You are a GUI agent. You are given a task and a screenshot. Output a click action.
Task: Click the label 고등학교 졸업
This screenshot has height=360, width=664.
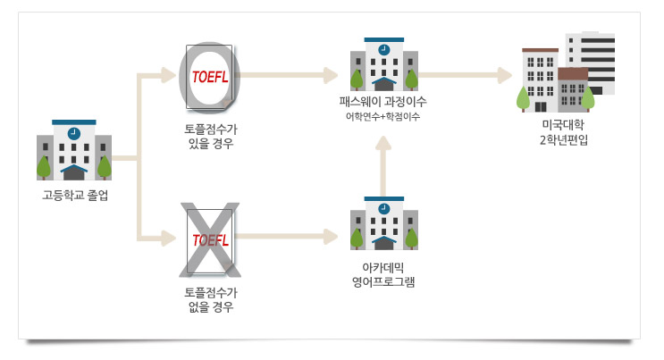click(74, 195)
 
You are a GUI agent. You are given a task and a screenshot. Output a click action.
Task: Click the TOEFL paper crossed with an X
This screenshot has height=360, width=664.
click(210, 239)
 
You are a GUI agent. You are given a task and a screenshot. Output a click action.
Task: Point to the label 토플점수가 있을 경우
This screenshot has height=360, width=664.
click(210, 136)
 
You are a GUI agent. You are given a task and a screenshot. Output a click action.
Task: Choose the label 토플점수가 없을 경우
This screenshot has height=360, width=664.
click(210, 299)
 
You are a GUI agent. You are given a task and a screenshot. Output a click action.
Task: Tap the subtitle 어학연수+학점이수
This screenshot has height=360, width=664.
click(384, 117)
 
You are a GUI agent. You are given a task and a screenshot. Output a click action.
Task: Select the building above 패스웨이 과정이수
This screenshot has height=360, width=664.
click(384, 65)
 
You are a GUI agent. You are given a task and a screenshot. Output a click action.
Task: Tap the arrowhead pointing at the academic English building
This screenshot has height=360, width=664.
click(331, 238)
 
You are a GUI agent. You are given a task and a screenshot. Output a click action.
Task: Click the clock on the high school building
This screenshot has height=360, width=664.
click(74, 132)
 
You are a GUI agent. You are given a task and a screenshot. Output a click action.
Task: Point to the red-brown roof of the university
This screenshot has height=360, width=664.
click(573, 73)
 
